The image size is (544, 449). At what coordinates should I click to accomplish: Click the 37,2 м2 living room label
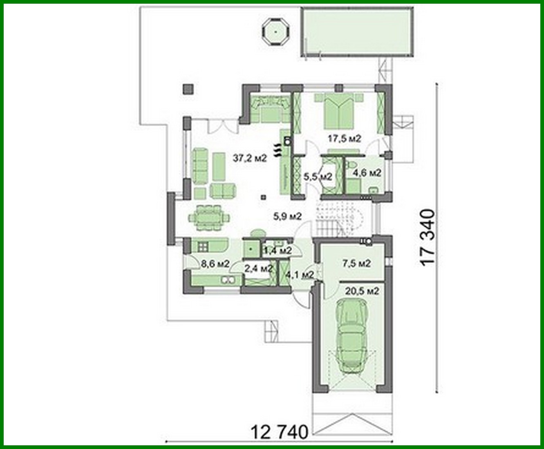[x=250, y=158]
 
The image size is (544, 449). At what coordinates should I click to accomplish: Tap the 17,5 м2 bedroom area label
[x=345, y=139]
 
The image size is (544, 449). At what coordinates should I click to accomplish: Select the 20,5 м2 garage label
[x=362, y=291]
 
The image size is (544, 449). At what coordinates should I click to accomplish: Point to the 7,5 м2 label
[x=357, y=263]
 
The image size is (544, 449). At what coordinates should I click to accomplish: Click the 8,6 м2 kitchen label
[x=215, y=264]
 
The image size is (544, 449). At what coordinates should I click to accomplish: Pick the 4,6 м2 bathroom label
[x=367, y=173]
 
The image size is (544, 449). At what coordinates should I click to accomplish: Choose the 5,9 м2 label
[x=287, y=216]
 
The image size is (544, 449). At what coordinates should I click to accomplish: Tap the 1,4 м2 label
[x=278, y=251]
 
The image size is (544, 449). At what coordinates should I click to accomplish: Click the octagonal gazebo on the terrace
[x=275, y=32]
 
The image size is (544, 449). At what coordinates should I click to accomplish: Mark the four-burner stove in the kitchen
[x=202, y=247]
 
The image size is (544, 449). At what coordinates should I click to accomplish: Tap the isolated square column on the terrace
[x=188, y=89]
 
